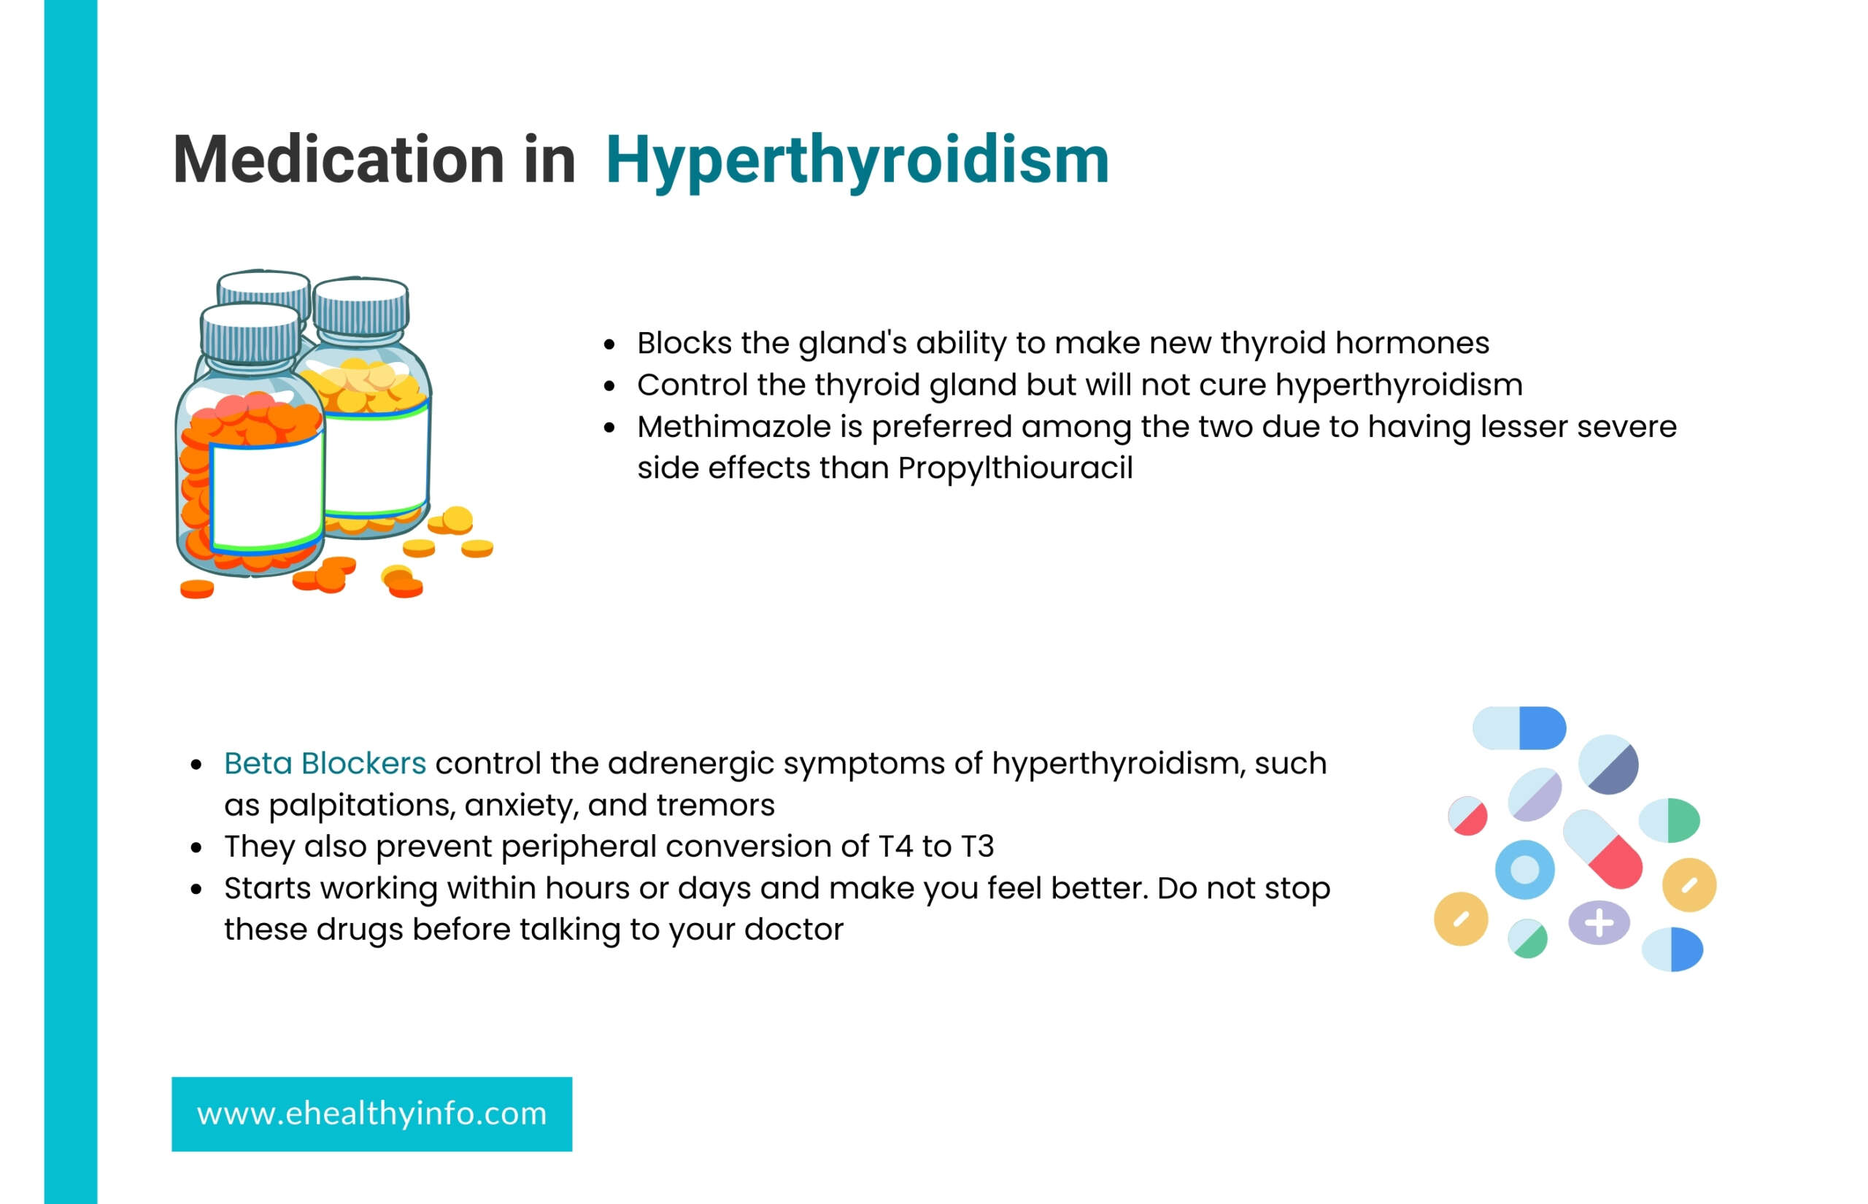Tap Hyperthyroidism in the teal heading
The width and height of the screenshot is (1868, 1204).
(857, 161)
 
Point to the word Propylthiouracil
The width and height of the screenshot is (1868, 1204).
(1015, 468)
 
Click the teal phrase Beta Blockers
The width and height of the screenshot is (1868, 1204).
(325, 763)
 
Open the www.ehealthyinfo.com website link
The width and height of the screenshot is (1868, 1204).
(371, 1114)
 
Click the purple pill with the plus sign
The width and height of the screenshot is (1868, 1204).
(1599, 922)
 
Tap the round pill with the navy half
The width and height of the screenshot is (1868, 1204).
(1608, 764)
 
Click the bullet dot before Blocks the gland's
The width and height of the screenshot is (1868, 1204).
(609, 344)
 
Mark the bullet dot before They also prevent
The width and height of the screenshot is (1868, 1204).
(197, 847)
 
